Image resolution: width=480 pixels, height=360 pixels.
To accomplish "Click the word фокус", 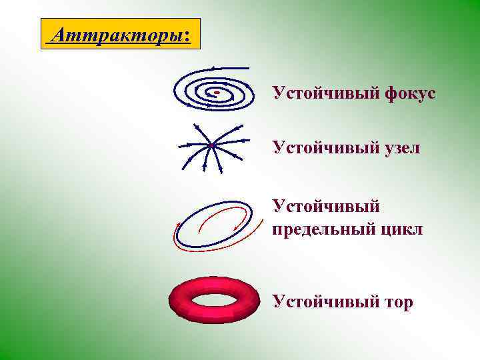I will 409,93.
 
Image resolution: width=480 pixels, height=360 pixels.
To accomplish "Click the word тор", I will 398,302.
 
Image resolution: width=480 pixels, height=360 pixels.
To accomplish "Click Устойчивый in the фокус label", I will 325,93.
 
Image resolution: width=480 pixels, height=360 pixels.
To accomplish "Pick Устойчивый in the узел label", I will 325,147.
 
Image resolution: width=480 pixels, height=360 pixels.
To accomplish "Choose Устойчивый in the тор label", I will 325,302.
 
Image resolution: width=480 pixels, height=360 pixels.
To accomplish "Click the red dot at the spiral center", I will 217,92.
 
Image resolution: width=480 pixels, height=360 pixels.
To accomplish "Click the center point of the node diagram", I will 210,145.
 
